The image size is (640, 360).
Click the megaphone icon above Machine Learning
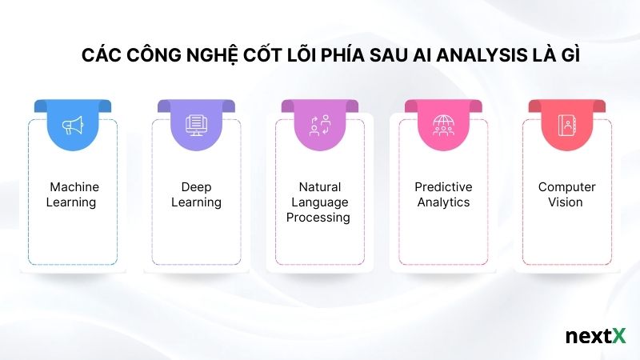72,126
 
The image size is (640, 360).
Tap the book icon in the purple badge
196,126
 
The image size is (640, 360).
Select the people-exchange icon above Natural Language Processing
319,126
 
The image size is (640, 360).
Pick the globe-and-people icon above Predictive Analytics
443,126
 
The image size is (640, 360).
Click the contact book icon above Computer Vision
566,126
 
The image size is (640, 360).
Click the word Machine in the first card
74,187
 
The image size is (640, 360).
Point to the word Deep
196,187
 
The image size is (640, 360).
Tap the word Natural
319,187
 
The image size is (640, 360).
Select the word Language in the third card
319,202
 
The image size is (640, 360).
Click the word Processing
319,218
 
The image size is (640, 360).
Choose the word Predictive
443,187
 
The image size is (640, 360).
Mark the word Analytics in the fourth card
443,202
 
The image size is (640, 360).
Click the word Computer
566,187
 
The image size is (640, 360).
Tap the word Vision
566,202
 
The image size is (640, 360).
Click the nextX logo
594,336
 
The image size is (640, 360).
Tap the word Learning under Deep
196,202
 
